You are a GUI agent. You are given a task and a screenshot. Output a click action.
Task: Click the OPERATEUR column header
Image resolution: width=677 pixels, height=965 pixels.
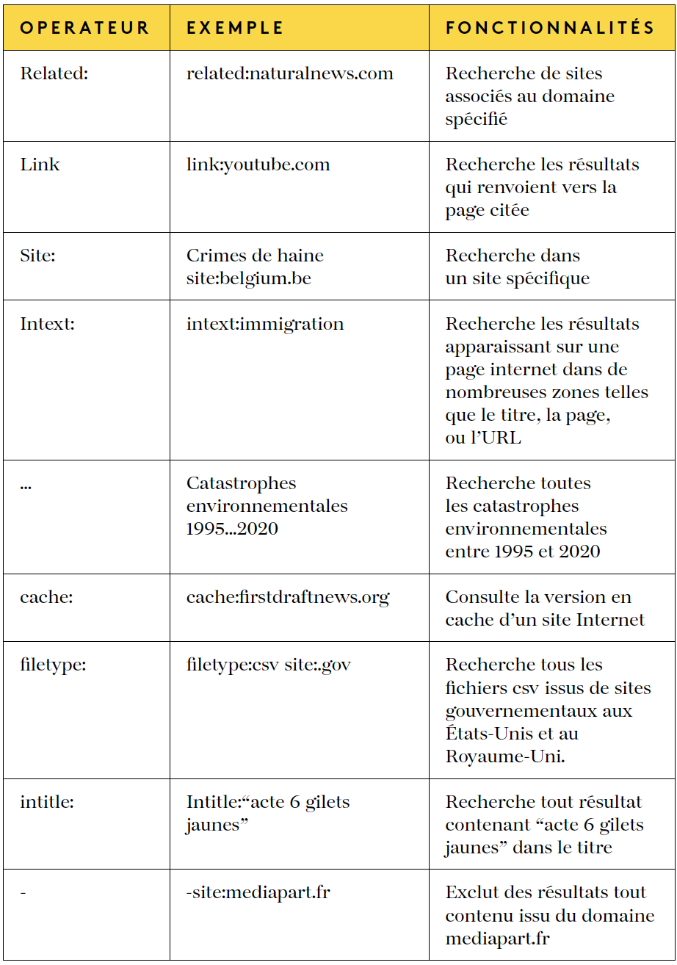pos(84,28)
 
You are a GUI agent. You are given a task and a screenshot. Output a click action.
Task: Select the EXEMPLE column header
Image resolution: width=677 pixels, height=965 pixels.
pos(235,28)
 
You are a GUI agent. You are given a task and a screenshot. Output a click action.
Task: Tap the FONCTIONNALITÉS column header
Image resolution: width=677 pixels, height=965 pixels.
pos(550,28)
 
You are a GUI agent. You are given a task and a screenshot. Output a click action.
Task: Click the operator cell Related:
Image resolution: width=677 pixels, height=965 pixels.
pos(54,73)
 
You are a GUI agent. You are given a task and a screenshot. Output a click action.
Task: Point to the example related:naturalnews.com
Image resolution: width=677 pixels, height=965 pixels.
pos(289,73)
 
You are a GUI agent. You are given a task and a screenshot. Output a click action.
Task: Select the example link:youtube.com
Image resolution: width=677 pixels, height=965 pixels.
pos(258,165)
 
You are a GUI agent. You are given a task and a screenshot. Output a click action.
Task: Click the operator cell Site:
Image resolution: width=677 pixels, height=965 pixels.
pos(37,256)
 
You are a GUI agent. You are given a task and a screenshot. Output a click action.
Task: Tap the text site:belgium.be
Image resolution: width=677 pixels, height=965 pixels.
pos(248,278)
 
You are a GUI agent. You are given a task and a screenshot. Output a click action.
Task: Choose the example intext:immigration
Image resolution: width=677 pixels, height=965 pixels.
pos(264,324)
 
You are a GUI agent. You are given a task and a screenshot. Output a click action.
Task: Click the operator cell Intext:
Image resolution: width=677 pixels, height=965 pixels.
pos(47,324)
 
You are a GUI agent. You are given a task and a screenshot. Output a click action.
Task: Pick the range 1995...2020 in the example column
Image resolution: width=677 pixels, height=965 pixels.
pos(232,529)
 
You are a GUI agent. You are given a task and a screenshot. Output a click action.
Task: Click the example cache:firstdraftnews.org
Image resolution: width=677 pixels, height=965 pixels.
pos(287,597)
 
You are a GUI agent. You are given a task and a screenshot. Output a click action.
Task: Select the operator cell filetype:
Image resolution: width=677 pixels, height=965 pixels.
pos(53,665)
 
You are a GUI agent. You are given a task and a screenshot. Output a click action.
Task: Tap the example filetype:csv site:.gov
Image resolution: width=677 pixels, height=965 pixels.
pos(268,665)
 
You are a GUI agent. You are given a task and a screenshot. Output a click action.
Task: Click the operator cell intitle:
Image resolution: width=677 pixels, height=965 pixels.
pos(47,802)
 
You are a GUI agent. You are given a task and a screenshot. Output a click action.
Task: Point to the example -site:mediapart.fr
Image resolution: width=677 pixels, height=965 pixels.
pos(258,892)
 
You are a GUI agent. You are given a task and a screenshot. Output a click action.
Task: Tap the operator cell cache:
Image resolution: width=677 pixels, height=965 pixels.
pos(46,597)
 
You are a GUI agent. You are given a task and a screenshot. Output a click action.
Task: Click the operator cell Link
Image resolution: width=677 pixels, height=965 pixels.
pos(40,165)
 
